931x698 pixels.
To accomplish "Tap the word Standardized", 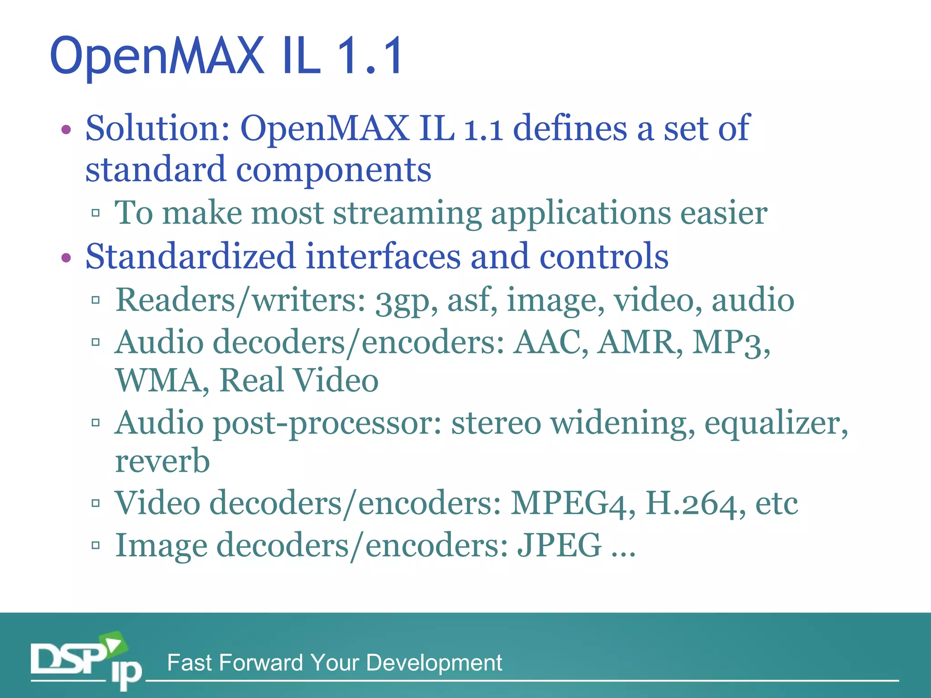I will click(x=190, y=256).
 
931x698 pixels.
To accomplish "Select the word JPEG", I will click(x=559, y=545).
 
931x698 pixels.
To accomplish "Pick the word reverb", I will click(x=162, y=461).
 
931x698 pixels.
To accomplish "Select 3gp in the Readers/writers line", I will click(x=402, y=301).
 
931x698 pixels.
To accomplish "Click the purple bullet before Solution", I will click(x=66, y=130).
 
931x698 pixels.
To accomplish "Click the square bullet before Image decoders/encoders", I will click(x=95, y=545).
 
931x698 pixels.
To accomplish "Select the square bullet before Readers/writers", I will click(x=95, y=300).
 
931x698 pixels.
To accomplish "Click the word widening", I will click(x=622, y=424).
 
